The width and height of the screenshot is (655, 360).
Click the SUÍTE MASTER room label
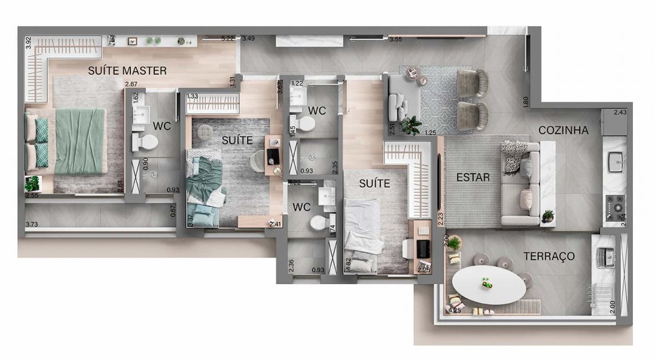127,70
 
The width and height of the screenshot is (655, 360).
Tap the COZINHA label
563,130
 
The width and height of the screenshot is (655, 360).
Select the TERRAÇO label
549,256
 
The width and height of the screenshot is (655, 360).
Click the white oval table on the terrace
488,285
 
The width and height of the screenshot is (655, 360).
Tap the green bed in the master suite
81,141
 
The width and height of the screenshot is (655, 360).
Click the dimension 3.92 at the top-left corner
28,41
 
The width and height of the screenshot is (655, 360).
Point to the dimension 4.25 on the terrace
454,310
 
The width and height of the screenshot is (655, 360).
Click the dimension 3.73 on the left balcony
31,225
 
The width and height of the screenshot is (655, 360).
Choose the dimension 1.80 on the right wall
525,101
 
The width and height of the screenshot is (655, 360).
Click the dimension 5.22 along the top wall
227,38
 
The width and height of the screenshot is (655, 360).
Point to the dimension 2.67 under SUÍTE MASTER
132,84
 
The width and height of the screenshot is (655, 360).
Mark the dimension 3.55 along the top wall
395,39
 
